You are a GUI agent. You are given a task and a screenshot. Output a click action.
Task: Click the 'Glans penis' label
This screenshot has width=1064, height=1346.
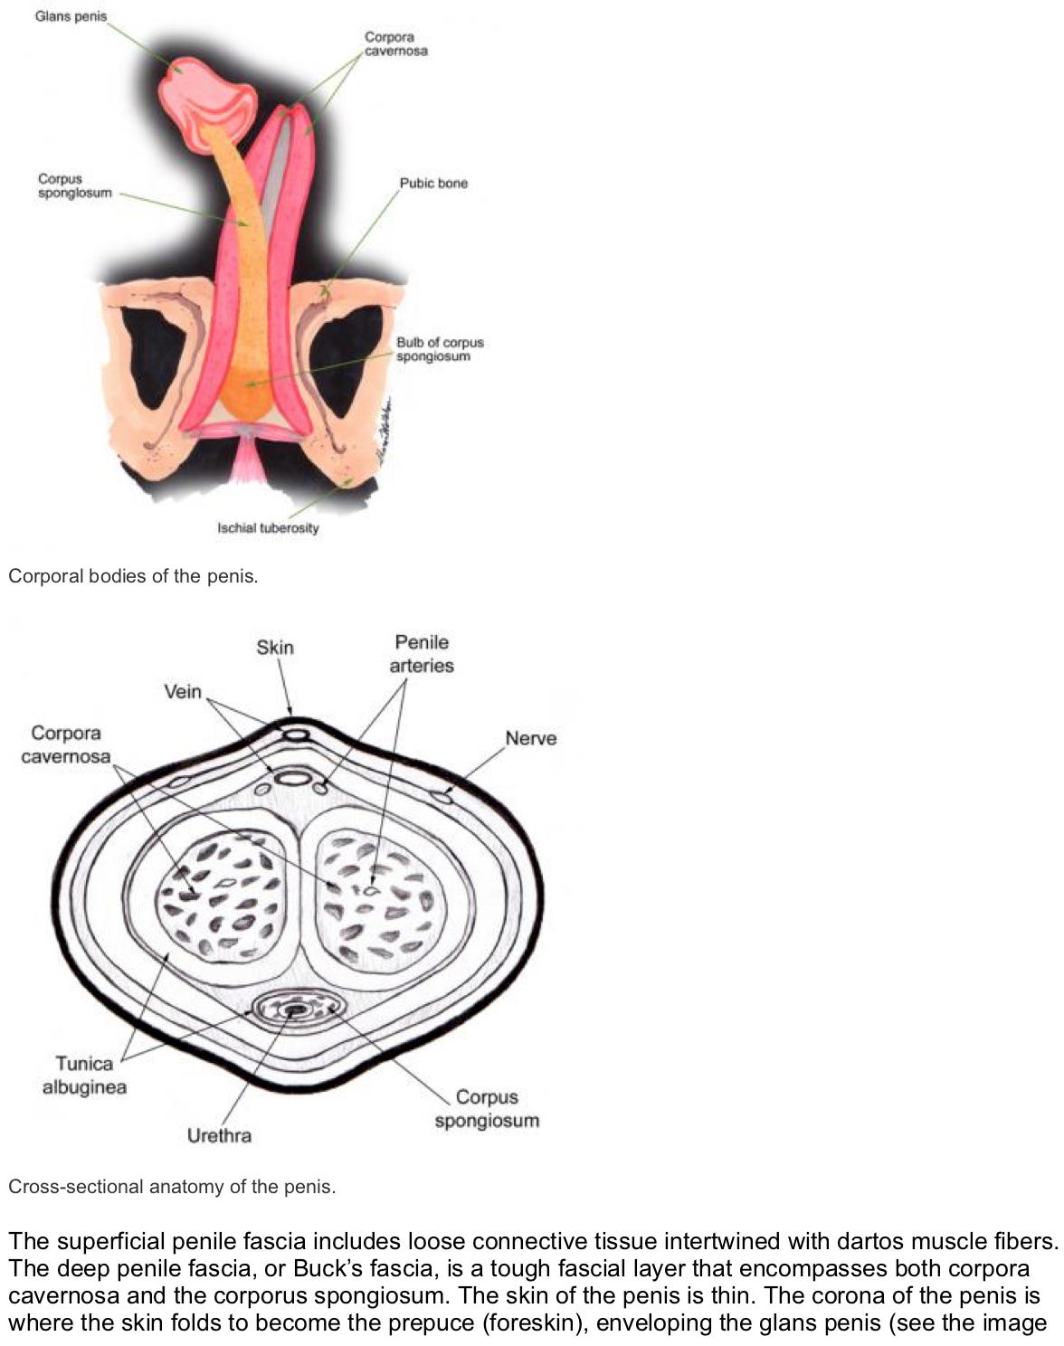pyautogui.click(x=71, y=16)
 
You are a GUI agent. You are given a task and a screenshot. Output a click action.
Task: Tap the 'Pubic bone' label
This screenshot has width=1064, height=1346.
pyautogui.click(x=433, y=183)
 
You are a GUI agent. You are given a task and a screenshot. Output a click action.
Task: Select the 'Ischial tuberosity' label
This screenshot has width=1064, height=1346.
pyautogui.click(x=268, y=527)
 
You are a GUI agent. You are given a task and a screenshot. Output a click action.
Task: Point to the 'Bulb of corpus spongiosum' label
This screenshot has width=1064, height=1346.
pyautogui.click(x=440, y=349)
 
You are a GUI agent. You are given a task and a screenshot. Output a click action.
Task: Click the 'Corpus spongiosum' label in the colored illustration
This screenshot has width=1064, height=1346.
pyautogui.click(x=75, y=185)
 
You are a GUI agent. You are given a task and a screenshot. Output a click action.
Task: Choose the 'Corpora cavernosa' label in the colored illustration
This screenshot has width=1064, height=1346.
pyautogui.click(x=395, y=43)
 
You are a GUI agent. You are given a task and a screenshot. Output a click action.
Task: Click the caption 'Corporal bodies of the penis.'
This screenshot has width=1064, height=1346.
pyautogui.click(x=133, y=576)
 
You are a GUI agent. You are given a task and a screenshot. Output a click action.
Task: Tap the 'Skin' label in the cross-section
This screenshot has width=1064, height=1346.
pyautogui.click(x=275, y=647)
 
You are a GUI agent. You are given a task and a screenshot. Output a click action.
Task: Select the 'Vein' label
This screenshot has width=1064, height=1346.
pyautogui.click(x=182, y=691)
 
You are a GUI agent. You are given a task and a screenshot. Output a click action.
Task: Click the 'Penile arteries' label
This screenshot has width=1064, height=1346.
pyautogui.click(x=422, y=653)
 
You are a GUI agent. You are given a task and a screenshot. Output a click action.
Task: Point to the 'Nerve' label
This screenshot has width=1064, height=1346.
pyautogui.click(x=530, y=738)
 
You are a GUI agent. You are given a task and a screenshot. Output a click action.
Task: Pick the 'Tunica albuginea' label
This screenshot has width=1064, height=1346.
pyautogui.click(x=84, y=1075)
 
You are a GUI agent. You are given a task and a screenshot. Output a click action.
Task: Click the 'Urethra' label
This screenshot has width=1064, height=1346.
pyautogui.click(x=219, y=1135)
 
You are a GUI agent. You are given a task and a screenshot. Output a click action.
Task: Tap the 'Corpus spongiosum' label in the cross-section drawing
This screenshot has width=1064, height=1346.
pyautogui.click(x=487, y=1108)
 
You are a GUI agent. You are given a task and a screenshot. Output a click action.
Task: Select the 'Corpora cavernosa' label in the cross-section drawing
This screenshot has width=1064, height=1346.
pyautogui.click(x=65, y=744)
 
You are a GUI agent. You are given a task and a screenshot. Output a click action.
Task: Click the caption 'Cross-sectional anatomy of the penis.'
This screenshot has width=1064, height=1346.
pyautogui.click(x=172, y=1187)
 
